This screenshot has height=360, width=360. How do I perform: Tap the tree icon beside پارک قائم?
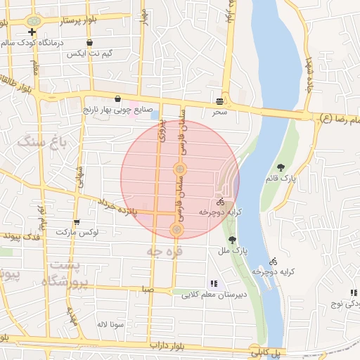[x=281, y=167]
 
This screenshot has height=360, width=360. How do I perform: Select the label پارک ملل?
[x=241, y=250]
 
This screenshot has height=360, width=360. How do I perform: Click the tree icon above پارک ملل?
[x=233, y=240]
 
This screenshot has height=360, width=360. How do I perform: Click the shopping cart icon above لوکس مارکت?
[x=86, y=222]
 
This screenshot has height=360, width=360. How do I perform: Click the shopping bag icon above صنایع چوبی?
[x=117, y=99]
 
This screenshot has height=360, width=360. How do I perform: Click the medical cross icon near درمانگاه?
[x=32, y=32]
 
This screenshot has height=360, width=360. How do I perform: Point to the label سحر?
[x=220, y=112]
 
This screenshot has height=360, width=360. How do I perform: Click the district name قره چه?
[x=165, y=250]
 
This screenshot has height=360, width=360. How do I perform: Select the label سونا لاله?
[x=111, y=325]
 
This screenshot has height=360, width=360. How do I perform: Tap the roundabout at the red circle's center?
[x=180, y=169]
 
